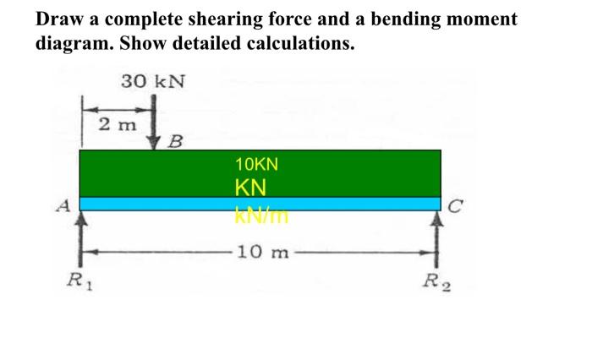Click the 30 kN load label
152,82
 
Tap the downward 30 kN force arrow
154,123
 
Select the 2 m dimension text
116,125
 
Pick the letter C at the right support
457,203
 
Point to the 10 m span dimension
263,252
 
